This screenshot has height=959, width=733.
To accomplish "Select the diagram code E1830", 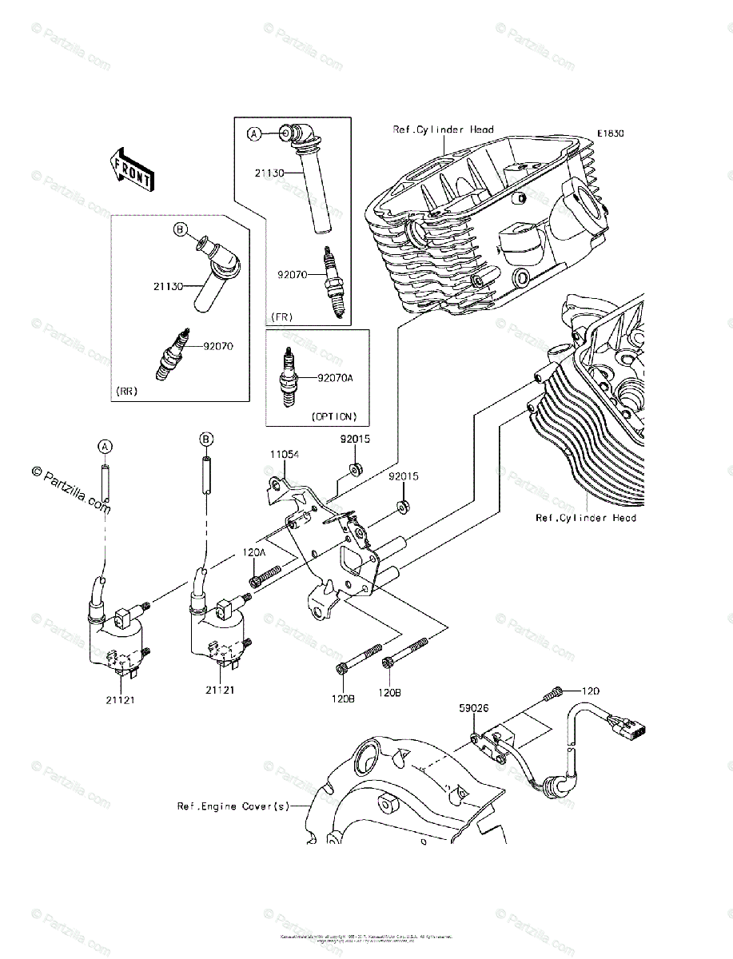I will (609, 134).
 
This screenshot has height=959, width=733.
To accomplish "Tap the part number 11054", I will (284, 455).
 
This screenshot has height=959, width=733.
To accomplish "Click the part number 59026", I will (473, 707).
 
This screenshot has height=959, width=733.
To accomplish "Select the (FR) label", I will (281, 316).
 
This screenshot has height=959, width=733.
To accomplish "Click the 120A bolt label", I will (253, 552).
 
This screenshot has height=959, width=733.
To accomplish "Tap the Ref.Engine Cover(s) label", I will (233, 806).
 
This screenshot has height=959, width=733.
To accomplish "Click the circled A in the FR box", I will (253, 135).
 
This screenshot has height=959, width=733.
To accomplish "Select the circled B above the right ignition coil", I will (205, 440).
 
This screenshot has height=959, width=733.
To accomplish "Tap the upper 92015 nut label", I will (354, 440).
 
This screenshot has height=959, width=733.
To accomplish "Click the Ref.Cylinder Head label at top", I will (443, 129).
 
